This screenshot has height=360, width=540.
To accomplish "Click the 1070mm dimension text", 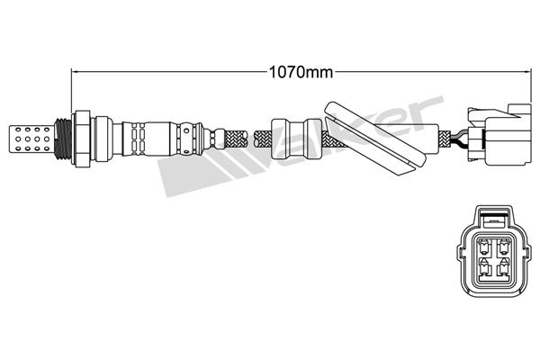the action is tap(301, 72).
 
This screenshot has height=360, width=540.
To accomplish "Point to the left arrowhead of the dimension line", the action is tap(75, 72).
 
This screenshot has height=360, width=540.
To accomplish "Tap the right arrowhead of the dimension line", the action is tap(527, 72).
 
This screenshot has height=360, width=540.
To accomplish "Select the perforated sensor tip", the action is tap(31, 139).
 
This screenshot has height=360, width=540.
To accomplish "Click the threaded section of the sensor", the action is tap(63, 139).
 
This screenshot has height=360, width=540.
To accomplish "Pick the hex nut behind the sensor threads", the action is tap(81, 139).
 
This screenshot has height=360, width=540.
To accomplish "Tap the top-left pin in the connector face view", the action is tap(484, 246).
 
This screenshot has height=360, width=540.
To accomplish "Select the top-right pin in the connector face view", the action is tap(505, 246).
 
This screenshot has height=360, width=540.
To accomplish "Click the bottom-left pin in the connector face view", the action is tap(484, 268).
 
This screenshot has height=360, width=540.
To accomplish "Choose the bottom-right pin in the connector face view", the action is tap(505, 268).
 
